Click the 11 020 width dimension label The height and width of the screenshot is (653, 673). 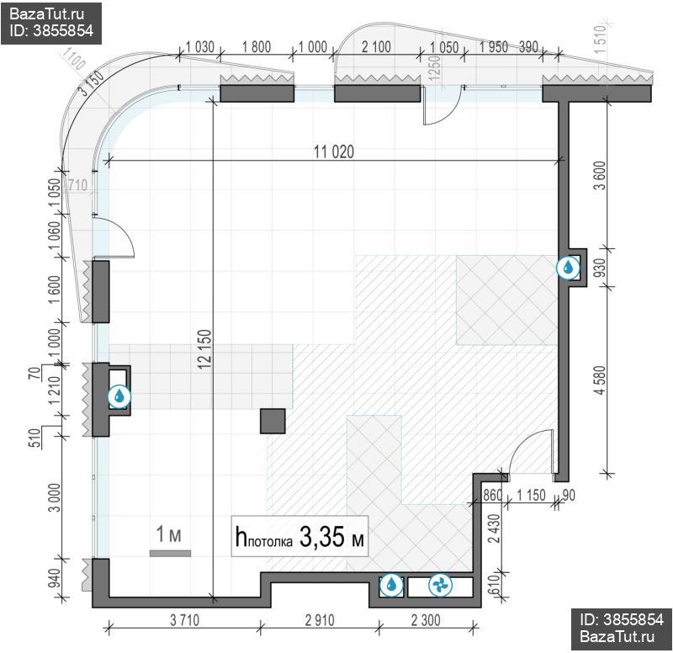pyautogui.click(x=333, y=151)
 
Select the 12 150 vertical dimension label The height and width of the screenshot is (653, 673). pyautogui.click(x=205, y=349)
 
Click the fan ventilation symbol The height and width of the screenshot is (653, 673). pyautogui.click(x=440, y=585)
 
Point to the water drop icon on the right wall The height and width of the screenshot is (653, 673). pyautogui.click(x=568, y=268)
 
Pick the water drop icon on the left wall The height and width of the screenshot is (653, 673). pyautogui.click(x=119, y=396)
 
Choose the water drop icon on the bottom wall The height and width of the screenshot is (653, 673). pyautogui.click(x=391, y=585)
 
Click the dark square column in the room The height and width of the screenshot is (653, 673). pyautogui.click(x=273, y=421)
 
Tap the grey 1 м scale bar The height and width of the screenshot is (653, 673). pyautogui.click(x=170, y=554)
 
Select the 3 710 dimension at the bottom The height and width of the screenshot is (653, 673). pyautogui.click(x=184, y=620)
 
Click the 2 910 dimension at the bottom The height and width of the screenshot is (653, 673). pyautogui.click(x=320, y=620)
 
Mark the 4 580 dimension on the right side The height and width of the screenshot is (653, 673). pyautogui.click(x=600, y=380)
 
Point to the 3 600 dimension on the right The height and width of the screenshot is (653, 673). pyautogui.click(x=600, y=175)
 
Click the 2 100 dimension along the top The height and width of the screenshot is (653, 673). pyautogui.click(x=376, y=46)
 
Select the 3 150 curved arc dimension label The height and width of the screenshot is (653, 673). pyautogui.click(x=91, y=82)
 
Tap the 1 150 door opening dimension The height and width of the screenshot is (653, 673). pyautogui.click(x=531, y=495)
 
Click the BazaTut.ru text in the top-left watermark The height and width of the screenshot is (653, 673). pyautogui.click(x=46, y=14)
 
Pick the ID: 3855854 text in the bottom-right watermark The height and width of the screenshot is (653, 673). pyautogui.click(x=622, y=619)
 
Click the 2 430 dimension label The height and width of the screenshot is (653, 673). pyautogui.click(x=495, y=528)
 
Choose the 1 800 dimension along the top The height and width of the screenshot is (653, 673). pyautogui.click(x=257, y=46)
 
